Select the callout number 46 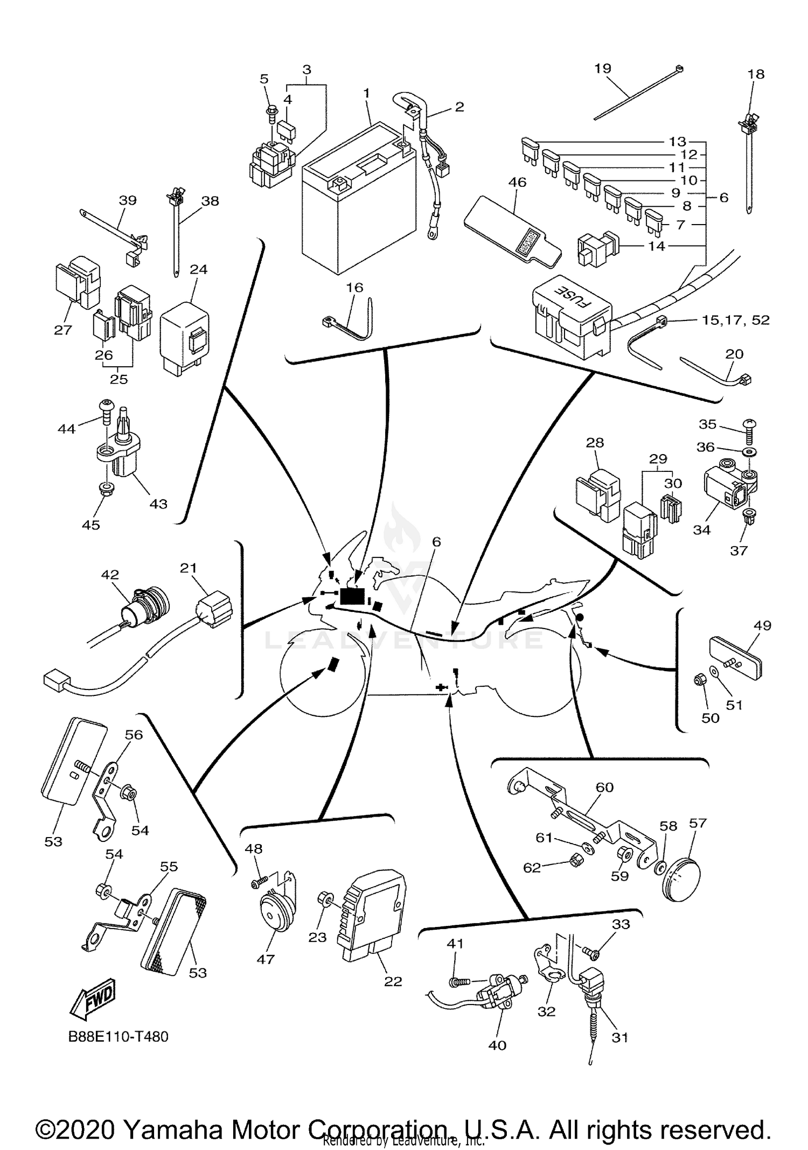point(517,182)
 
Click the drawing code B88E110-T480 point(119,1036)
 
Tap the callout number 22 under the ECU point(393,981)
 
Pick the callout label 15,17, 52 point(736,320)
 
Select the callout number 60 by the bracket point(604,787)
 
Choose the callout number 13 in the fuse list point(678,142)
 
